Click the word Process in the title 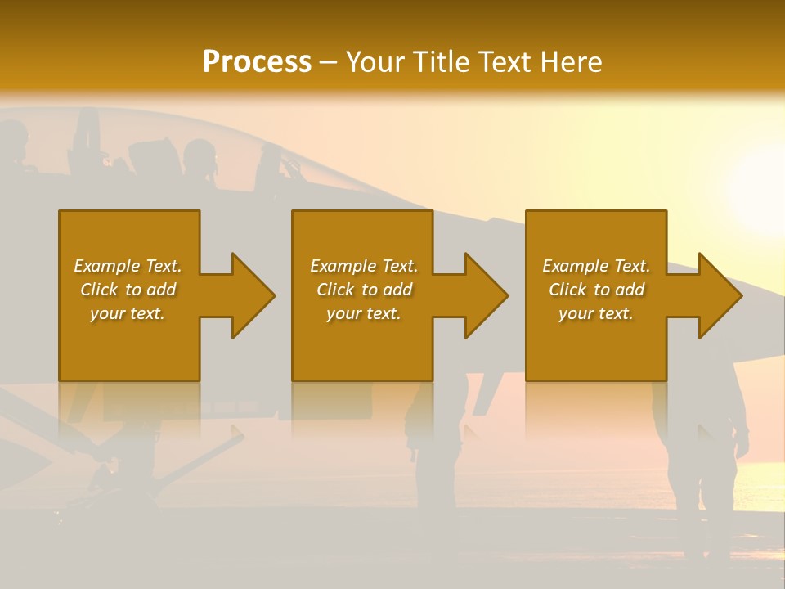257,62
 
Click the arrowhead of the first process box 253,295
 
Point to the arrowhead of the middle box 487,295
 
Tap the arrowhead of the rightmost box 720,295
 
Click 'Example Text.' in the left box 128,266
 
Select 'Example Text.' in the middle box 364,266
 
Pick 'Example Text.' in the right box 596,266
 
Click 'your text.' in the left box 128,313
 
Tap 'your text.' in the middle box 364,313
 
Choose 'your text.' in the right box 596,313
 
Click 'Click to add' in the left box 128,290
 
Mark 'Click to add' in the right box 596,290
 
